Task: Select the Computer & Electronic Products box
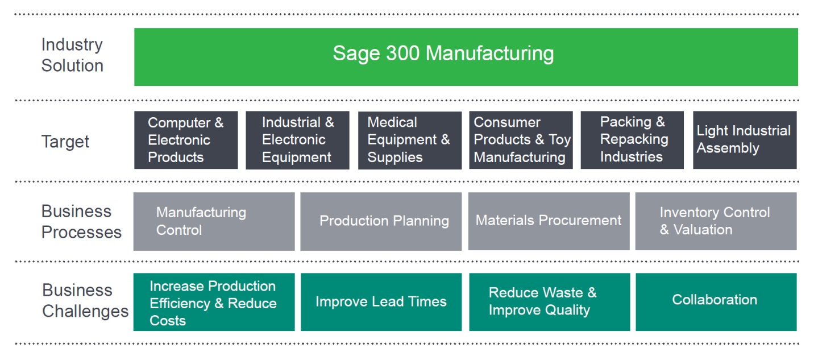pos(186,140)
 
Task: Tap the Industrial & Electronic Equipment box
pos(297,140)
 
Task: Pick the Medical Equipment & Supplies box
pos(409,140)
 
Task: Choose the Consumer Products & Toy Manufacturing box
pos(521,140)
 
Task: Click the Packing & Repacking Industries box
pos(632,140)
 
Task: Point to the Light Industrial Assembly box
pos(745,140)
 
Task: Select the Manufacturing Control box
pos(214,221)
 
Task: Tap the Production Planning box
pos(381,221)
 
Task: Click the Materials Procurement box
pos(549,221)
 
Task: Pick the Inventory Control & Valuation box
pos(716,221)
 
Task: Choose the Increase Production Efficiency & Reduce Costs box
pos(214,303)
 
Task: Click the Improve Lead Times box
pos(381,303)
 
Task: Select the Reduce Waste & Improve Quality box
pos(549,303)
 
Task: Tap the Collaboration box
pos(716,301)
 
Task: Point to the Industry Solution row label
pos(72,55)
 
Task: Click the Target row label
pos(65,142)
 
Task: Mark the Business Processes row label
pos(81,222)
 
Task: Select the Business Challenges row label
pos(85,301)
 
